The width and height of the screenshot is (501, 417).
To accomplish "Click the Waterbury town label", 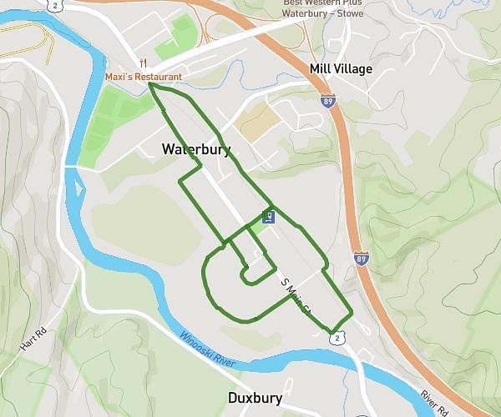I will point(196,150).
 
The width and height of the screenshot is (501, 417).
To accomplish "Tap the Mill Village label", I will point(341,69).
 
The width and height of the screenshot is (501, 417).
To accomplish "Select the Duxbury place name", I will point(255,398).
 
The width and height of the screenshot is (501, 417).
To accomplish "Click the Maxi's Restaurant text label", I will point(144,77).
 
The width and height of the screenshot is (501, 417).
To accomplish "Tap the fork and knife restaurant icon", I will point(144,63).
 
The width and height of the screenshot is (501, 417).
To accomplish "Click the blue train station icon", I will point(268,218).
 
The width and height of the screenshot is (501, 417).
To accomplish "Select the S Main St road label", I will point(296,296).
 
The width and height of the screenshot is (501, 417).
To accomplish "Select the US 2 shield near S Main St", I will point(336,338).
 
